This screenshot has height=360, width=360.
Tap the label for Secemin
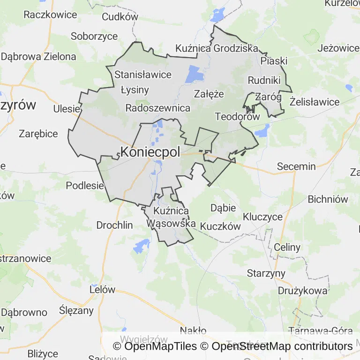pyautogui.click(x=296, y=166)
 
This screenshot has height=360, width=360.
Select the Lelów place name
pyautogui.click(x=102, y=289)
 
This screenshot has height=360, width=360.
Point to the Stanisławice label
pyautogui.click(x=143, y=75)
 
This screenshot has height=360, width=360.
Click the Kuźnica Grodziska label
pyautogui.click(x=217, y=48)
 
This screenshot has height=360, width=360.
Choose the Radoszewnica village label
pyautogui.click(x=158, y=108)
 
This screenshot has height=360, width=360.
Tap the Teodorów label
pyautogui.click(x=237, y=117)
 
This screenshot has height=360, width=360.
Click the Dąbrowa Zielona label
pyautogui.click(x=38, y=57)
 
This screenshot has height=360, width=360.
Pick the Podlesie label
pyautogui.click(x=84, y=185)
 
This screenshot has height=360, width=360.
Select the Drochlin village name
pyautogui.click(x=114, y=225)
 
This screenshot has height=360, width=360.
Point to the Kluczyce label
pyautogui.click(x=262, y=217)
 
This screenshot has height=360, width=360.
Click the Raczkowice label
pyautogui.click(x=50, y=15)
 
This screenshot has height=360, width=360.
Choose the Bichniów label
pyautogui.click(x=328, y=199)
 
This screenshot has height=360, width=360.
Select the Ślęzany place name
pyautogui.click(x=77, y=310)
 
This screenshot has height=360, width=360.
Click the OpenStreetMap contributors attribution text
pyautogui.click(x=282, y=346)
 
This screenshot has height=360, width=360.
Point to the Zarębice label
pyautogui.click(x=38, y=134)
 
